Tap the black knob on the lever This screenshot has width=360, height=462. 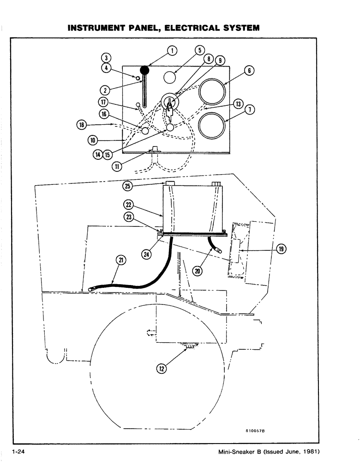point(145,70)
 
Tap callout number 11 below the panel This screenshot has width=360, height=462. point(117,166)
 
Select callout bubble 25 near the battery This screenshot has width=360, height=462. point(128,186)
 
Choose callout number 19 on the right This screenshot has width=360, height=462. point(281,249)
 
